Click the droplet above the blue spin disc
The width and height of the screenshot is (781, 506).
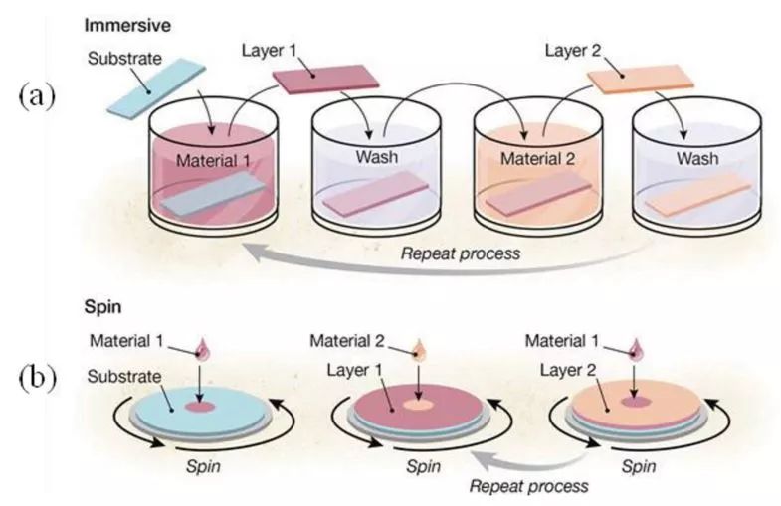click(x=205, y=348)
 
